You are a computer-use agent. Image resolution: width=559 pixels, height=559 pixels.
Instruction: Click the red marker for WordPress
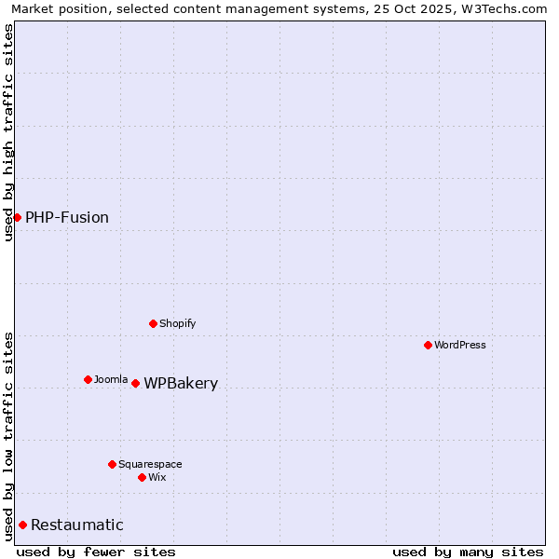428,345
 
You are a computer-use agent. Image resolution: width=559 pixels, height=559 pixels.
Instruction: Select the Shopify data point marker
153,323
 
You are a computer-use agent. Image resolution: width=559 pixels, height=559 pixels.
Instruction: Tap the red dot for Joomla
88,379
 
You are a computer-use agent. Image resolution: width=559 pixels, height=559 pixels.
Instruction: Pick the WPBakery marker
135,383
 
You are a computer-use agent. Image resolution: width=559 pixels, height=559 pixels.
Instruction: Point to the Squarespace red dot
112,464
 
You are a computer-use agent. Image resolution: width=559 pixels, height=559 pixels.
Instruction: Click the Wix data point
142,477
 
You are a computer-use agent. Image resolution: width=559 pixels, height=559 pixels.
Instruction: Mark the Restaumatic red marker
22,525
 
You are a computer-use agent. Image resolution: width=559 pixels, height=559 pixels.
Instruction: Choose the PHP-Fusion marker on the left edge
17,217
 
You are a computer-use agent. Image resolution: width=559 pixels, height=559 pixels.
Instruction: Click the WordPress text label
460,345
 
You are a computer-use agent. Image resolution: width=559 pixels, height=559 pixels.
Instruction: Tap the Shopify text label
177,323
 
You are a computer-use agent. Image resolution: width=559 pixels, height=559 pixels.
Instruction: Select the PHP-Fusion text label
67,217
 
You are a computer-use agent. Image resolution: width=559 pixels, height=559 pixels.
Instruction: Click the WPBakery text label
181,383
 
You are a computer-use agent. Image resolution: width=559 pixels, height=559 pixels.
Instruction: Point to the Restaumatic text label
77,525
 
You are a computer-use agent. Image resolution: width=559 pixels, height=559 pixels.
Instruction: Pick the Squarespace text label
150,464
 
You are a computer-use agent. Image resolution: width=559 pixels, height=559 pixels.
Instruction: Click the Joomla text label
111,379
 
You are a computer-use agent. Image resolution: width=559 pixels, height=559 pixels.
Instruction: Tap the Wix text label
157,477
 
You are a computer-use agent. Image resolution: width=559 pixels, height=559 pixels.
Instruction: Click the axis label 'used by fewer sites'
96,552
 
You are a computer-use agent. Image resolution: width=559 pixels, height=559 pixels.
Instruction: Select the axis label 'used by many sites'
468,552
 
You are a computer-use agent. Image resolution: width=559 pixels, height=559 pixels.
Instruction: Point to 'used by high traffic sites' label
8,132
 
